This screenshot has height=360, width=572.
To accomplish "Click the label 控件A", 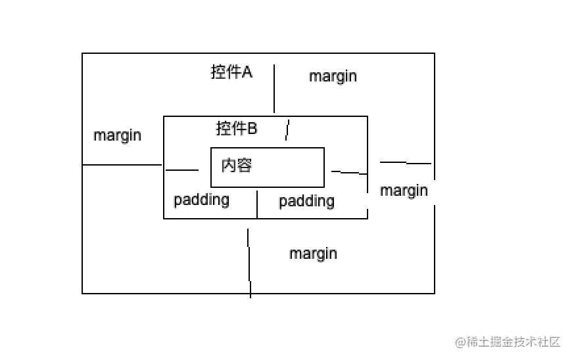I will tap(231, 72).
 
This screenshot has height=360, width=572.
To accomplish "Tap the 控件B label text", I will tap(237, 129).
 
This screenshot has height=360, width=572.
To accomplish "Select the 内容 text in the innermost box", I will tap(237, 165).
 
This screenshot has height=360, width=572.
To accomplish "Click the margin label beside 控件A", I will tap(333, 76).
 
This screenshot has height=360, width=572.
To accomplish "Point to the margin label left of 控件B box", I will tap(117, 135).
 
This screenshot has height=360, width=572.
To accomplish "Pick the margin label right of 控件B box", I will tap(404, 191).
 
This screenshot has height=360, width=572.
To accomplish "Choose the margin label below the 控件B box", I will tap(313, 254).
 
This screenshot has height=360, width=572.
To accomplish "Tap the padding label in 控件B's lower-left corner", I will tap(201, 200).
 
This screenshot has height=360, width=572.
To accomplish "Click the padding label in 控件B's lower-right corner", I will tap(306, 201).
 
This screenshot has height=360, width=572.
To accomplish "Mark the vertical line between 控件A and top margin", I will tap(274, 89).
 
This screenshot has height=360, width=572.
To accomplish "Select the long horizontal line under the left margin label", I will tap(122, 165).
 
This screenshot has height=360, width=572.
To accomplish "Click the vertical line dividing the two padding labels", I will tap(257, 203).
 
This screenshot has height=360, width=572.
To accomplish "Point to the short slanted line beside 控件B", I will tap(287, 130).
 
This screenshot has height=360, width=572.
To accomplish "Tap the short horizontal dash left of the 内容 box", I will tap(182, 170).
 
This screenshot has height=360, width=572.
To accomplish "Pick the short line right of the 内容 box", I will tap(348, 173).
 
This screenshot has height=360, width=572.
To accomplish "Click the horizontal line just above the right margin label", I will tap(405, 162).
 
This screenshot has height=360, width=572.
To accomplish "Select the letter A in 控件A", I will tap(247, 72).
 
